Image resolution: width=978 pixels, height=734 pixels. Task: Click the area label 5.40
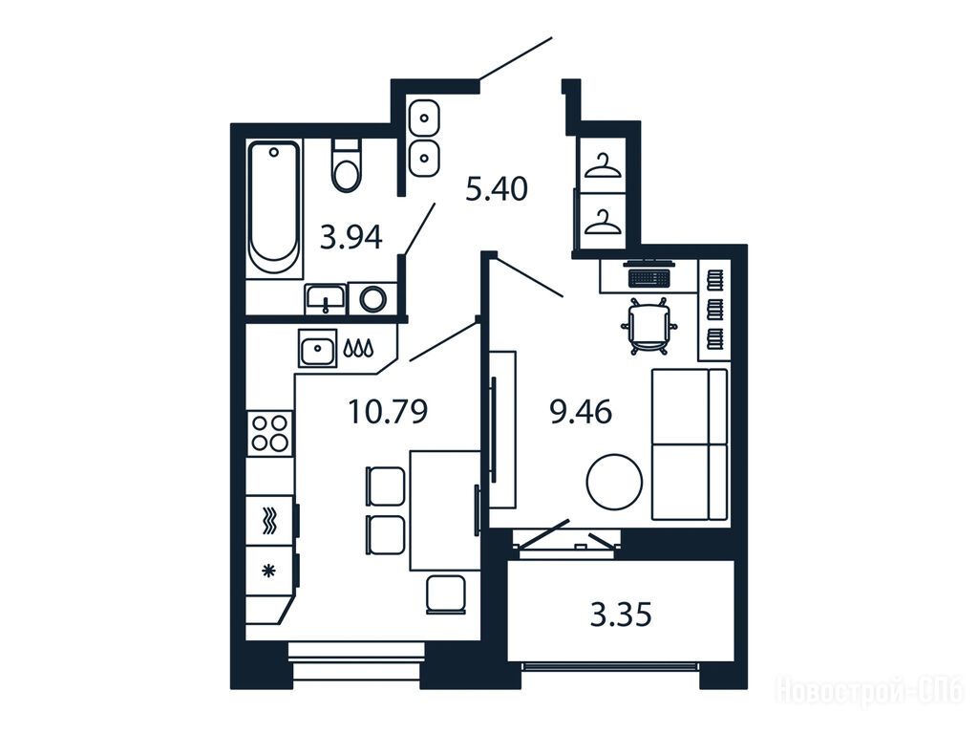point(497,188)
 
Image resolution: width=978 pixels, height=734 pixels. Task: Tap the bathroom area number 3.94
point(351,237)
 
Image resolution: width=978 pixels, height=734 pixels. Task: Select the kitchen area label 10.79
point(388,412)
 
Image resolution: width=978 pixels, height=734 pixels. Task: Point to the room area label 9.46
point(581,412)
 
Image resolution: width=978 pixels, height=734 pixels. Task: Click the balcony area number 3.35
point(621,615)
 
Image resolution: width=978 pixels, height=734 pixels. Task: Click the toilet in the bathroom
point(347,164)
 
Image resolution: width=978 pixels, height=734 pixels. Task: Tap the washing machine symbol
point(372,298)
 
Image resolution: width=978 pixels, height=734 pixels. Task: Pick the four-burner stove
point(270,433)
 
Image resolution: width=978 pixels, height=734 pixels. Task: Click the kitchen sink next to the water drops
point(317,348)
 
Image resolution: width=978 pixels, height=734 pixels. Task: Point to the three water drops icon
point(359,348)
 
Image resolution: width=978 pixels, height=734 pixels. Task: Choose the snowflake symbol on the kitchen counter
point(268,571)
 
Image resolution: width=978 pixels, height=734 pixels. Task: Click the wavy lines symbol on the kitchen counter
point(268,521)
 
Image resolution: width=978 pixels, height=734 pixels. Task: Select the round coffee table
point(614,483)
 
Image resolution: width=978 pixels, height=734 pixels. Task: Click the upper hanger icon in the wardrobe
point(602,165)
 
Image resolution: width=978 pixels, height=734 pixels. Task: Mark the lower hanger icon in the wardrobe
point(604,223)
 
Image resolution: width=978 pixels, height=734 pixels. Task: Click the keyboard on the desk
point(649,277)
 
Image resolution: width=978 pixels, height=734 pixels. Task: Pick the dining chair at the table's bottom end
point(446,594)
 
